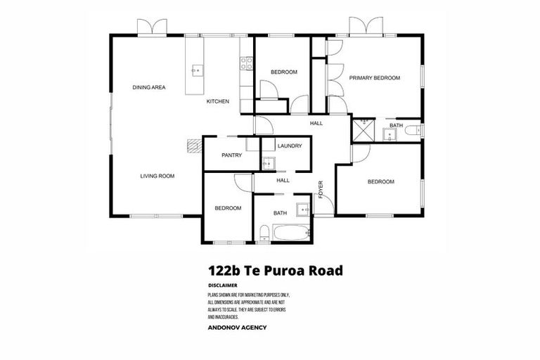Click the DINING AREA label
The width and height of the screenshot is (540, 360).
pos(149,87)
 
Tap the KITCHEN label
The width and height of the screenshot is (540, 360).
pos(217,102)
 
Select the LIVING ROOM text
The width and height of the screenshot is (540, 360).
pos(157,176)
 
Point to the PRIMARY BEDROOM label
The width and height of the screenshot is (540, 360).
pos(375,78)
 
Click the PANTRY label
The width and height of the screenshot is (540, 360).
pos(231,155)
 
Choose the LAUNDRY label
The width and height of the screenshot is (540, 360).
pos(289,146)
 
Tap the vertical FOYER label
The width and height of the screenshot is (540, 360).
pos(321,190)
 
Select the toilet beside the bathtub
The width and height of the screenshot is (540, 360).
pos(263,233)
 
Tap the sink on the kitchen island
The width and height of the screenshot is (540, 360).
pos(196,70)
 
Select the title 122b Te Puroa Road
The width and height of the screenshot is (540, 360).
pos(275,270)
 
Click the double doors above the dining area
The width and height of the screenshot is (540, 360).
pos(152,28)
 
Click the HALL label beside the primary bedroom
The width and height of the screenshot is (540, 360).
pos(316,124)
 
